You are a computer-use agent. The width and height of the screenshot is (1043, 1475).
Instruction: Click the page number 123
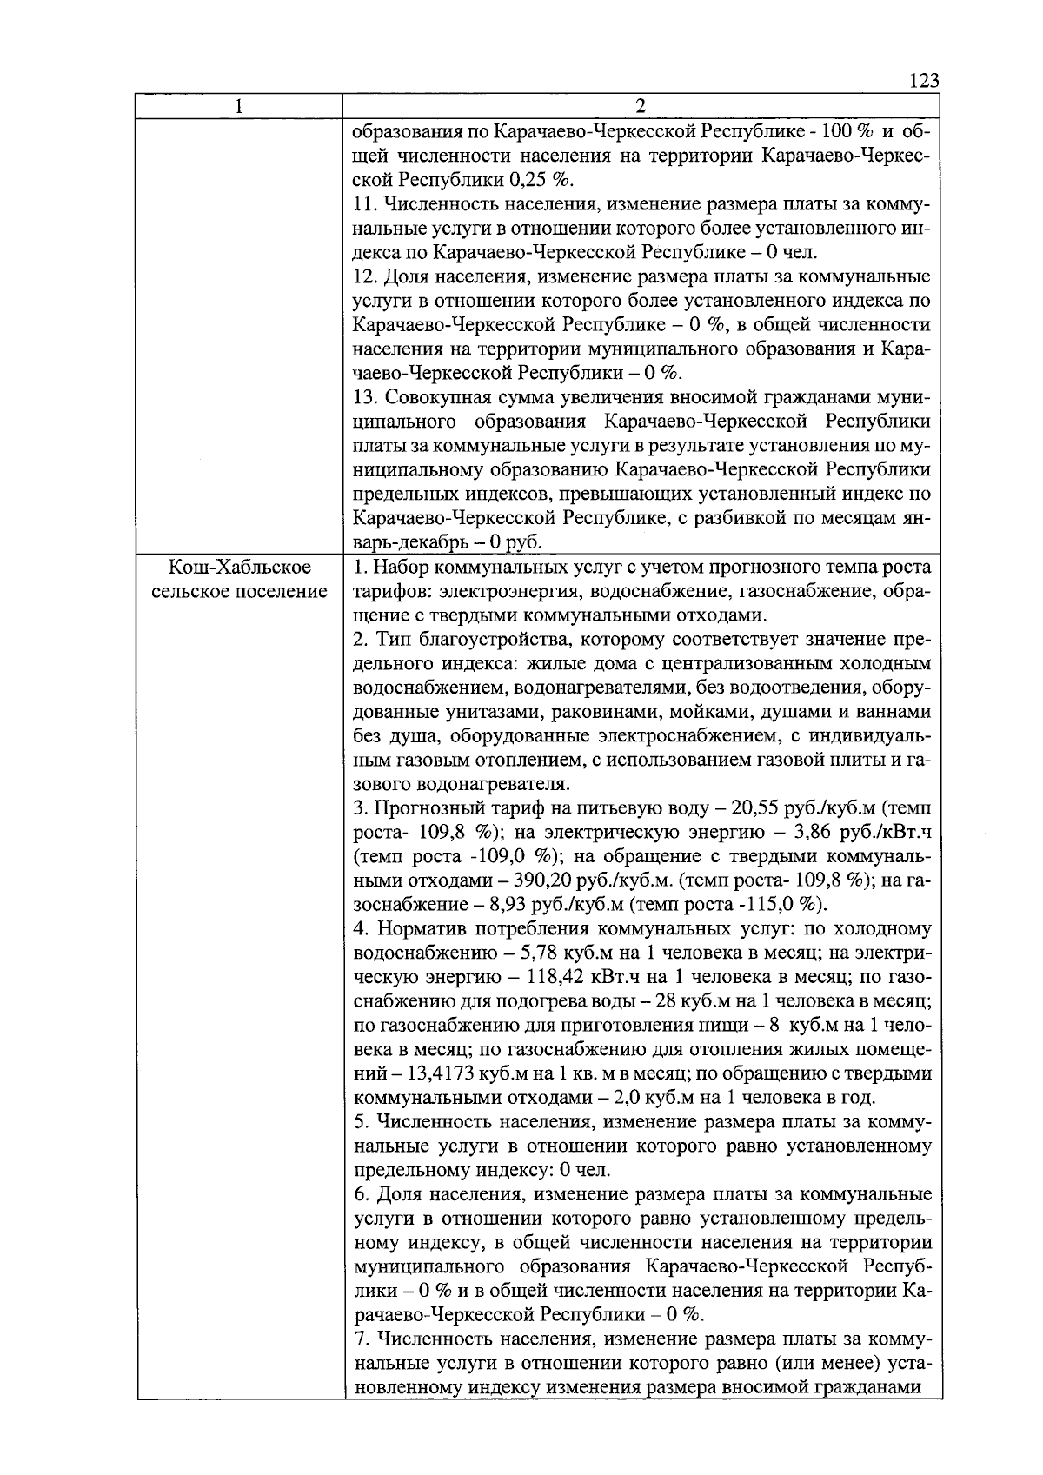923,81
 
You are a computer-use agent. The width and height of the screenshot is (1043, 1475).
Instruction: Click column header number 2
641,106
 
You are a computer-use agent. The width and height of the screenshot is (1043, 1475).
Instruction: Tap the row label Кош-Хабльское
239,568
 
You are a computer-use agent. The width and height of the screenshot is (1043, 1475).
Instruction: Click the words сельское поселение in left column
239,592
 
